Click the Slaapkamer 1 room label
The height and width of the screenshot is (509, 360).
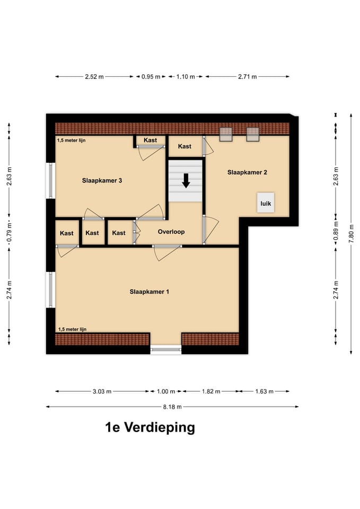[x=150, y=292]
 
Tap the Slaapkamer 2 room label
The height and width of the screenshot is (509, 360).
[x=247, y=172]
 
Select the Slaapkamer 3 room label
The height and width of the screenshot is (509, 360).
[x=102, y=181]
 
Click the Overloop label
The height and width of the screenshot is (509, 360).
[x=171, y=232]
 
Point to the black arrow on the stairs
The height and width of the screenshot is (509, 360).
[x=186, y=180]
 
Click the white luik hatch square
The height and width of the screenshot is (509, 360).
[x=266, y=203]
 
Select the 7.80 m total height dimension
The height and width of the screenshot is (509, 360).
[x=351, y=234]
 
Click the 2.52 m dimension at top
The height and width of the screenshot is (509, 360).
[x=94, y=77]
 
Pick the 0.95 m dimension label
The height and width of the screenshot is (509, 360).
[x=151, y=77]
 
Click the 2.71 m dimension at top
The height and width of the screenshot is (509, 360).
[x=247, y=77]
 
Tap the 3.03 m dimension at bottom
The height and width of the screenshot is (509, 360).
[x=102, y=392]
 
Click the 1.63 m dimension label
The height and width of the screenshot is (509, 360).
[x=264, y=392]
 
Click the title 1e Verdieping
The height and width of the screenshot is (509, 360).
[x=150, y=427]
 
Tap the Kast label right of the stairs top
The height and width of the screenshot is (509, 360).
[x=185, y=146]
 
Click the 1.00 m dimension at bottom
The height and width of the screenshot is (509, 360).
[x=165, y=392]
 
